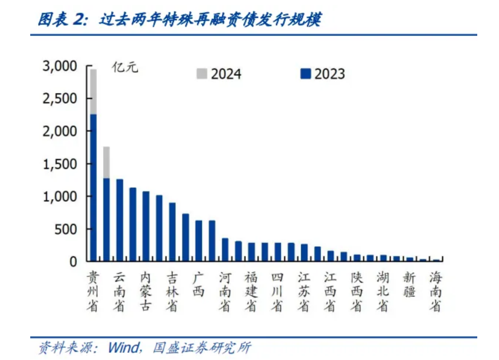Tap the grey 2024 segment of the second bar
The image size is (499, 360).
[107, 162]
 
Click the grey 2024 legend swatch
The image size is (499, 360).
[201, 74]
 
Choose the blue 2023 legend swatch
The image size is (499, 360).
[305, 74]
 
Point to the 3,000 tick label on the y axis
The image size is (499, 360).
[60, 66]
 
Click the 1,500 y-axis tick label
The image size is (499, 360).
[60, 164]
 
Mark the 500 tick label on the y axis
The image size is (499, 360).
[66, 229]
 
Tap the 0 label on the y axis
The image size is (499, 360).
[73, 262]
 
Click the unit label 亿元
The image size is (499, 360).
[125, 67]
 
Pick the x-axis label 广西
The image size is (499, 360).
[198, 284]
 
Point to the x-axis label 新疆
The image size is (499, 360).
[409, 284]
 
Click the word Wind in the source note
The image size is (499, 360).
[124, 347]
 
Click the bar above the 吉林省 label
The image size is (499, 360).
[172, 232]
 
